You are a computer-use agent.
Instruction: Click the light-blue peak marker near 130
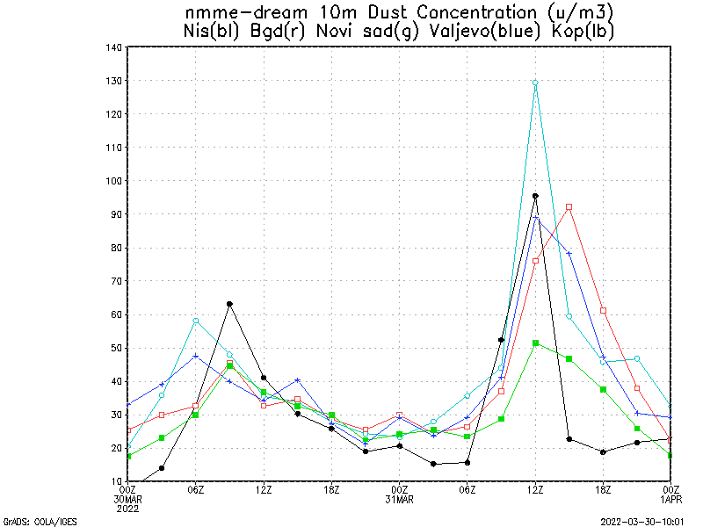point(535,83)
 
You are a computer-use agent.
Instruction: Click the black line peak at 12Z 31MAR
point(535,196)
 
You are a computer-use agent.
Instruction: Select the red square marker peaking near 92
point(569,207)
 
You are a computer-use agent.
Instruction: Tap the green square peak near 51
point(535,343)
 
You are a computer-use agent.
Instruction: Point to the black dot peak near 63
point(229,304)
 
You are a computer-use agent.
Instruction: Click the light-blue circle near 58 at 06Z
point(195,321)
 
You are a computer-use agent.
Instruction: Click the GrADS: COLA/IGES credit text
point(40,522)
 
